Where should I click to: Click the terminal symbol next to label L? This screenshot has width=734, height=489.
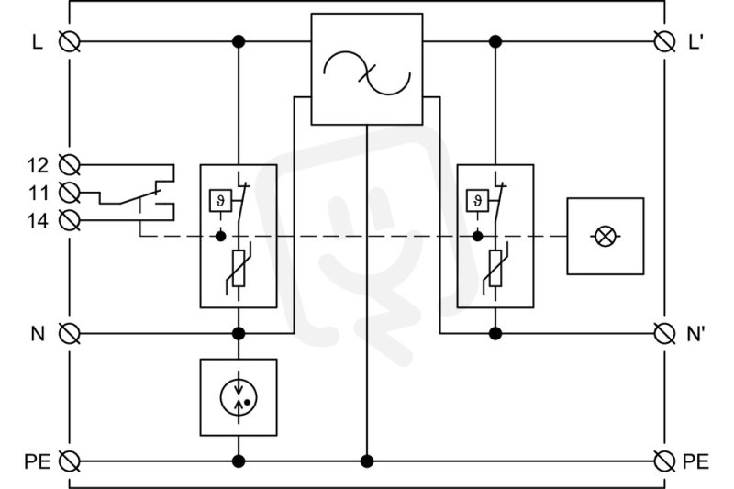click(70, 41)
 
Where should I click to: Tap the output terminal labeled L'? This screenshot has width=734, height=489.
click(664, 41)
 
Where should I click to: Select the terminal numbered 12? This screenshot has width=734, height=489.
click(70, 165)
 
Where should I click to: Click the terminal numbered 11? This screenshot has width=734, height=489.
click(70, 193)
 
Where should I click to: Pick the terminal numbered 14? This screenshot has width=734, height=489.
click(70, 220)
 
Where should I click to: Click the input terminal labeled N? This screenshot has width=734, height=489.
click(70, 334)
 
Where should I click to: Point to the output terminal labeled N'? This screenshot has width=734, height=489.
click(664, 334)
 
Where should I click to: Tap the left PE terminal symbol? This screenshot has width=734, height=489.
click(70, 461)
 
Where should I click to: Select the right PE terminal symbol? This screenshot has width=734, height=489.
click(664, 461)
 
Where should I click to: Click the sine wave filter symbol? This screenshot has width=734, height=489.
click(367, 73)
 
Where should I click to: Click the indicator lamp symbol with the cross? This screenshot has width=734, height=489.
click(606, 237)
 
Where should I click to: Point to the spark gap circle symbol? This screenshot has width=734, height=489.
click(239, 398)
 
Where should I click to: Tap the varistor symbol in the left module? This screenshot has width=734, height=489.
click(239, 269)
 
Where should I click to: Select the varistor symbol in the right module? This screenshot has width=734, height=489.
click(495, 269)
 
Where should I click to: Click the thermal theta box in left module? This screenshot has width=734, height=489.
click(220, 201)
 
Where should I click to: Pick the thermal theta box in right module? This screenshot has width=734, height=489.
click(477, 201)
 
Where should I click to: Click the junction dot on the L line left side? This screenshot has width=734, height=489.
click(239, 41)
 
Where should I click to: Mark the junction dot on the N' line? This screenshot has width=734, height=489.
click(495, 334)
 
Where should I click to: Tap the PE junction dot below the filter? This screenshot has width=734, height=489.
click(367, 461)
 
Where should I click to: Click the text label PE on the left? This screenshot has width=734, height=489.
click(38, 461)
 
